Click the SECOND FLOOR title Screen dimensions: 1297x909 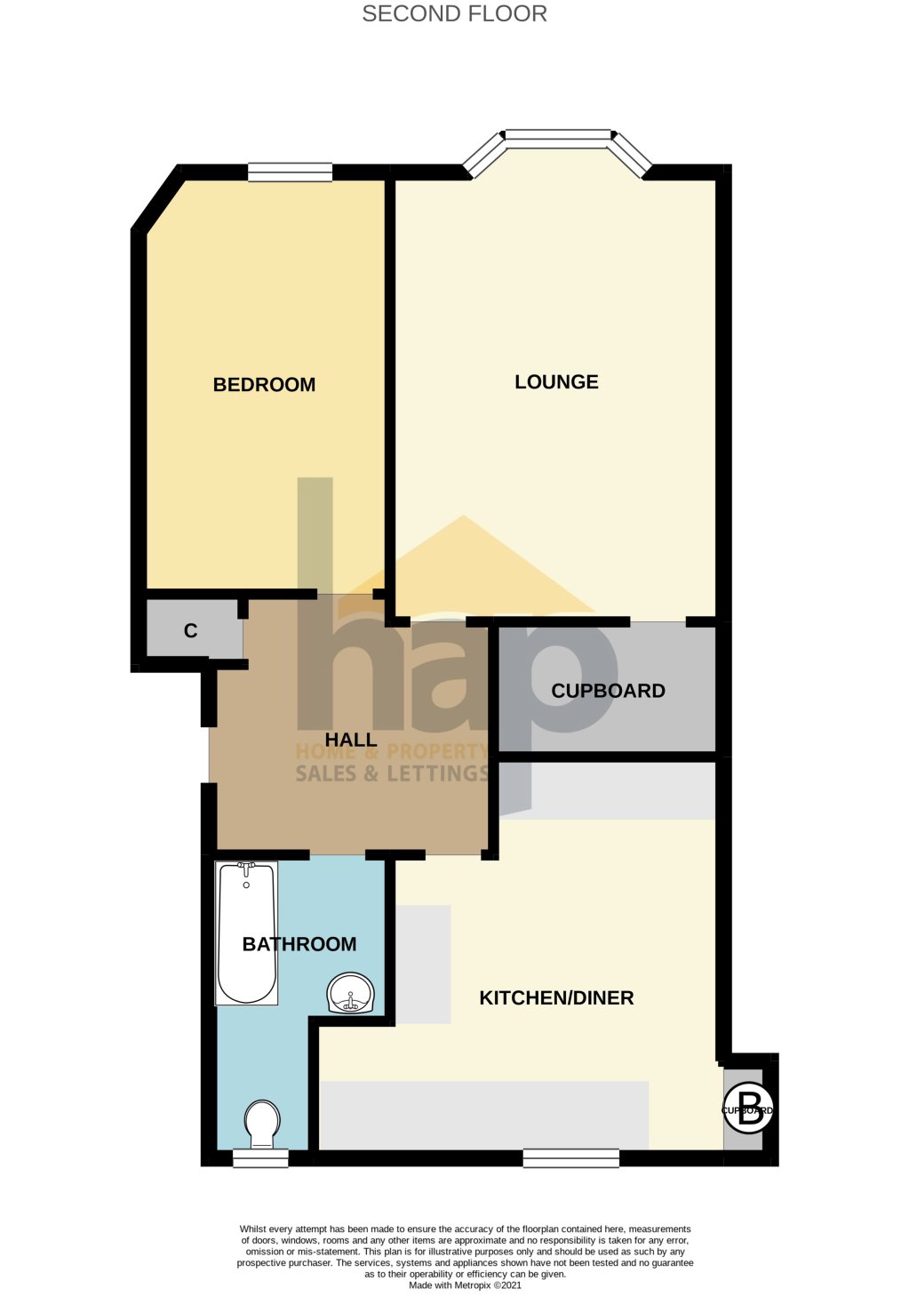pos(454,13)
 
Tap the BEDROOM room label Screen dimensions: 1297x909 pos(264,384)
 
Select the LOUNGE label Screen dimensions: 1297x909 pos(556,381)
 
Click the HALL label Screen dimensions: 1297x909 pos(351,740)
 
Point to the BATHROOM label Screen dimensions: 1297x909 pos(299,944)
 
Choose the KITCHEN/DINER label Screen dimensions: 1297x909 pos(556,997)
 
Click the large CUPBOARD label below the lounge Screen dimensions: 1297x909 pos(608,691)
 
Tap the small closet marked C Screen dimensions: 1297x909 pos(191,630)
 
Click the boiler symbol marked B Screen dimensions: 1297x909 pos(749,1109)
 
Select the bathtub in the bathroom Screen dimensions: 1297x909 pos(247,933)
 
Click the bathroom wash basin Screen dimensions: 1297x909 pos(352,994)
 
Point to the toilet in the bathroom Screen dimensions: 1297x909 pos(262,1124)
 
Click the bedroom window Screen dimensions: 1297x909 pos(290,172)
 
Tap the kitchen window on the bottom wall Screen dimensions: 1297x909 pos(570,1157)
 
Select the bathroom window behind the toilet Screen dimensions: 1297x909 pos(260,1157)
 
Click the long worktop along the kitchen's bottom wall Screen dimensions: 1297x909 pos(484,1114)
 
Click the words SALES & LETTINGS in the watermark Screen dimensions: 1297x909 pos(392,773)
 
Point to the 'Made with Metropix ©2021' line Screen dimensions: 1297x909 pos(465,1285)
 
